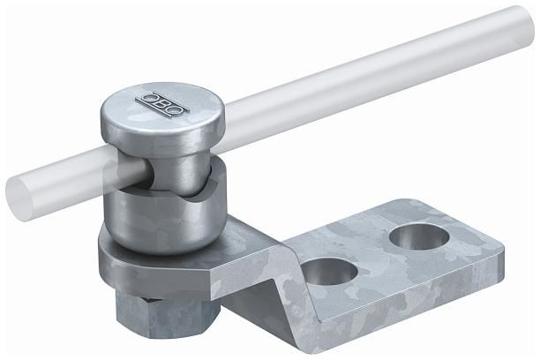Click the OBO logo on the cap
click(x=161, y=105)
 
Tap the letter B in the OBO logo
click(x=161, y=105)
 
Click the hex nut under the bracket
click(x=168, y=317)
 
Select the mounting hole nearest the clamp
click(x=329, y=271)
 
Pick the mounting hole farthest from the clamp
click(x=419, y=236)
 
